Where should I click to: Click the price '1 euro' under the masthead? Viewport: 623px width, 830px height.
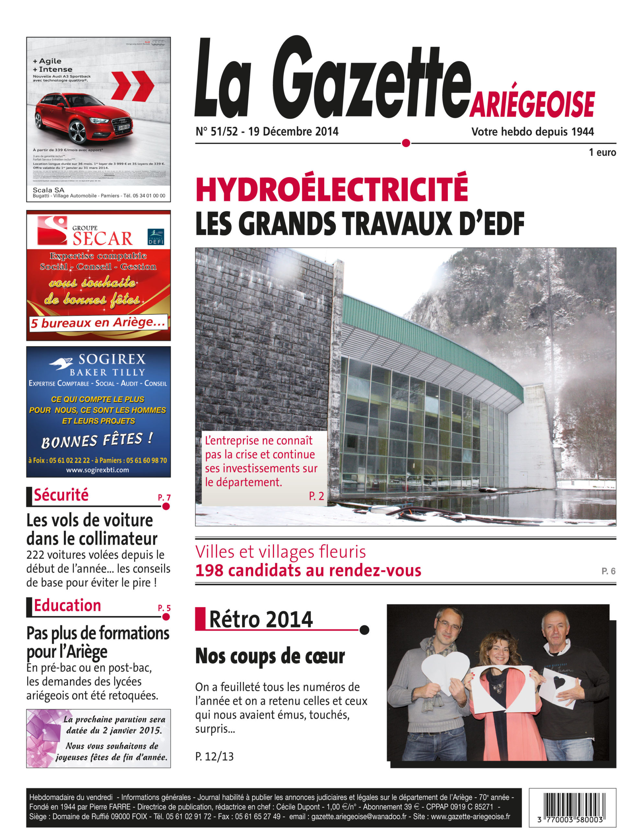coord(602,152)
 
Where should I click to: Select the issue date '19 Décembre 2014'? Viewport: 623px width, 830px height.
coord(293,132)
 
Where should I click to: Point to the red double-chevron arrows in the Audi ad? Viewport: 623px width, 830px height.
coord(133,87)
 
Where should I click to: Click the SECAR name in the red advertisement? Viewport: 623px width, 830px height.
coord(102,239)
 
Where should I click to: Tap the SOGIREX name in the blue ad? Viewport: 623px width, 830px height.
coord(112,360)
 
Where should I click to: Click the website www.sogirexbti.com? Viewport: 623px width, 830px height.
coord(98,470)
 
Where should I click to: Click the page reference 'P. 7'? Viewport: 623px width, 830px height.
coord(164,498)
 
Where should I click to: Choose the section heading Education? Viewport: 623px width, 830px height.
coord(67,605)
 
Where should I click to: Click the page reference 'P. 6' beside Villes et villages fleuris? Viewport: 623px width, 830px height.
coord(608,571)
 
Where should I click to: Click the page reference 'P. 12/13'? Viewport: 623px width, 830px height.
coord(214,756)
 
